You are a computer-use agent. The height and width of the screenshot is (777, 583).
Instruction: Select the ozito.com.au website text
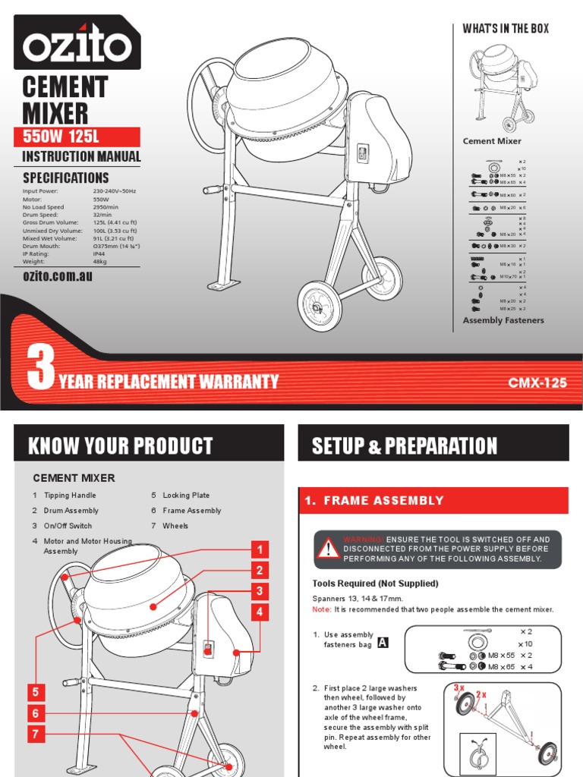coord(58,277)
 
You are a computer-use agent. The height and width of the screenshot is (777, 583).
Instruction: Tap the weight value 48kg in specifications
coord(101,260)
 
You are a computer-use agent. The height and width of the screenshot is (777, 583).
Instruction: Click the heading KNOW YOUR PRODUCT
coord(121,445)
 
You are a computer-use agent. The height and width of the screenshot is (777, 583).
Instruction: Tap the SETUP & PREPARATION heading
coord(405,445)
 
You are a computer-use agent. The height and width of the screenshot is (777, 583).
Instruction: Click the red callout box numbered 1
coord(260,550)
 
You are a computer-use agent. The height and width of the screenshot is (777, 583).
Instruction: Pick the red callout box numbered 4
coord(260,612)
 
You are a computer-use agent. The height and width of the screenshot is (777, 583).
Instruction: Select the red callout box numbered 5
coord(35,692)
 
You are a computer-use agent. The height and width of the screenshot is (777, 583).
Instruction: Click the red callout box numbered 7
coord(35,735)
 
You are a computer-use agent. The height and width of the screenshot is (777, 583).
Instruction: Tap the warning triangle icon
coord(328,549)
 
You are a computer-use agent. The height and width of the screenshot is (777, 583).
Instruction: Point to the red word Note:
coord(322,609)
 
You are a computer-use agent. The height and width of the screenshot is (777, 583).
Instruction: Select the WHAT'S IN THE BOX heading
coord(506,29)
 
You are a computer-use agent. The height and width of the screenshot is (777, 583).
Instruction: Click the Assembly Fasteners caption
coord(503,320)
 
